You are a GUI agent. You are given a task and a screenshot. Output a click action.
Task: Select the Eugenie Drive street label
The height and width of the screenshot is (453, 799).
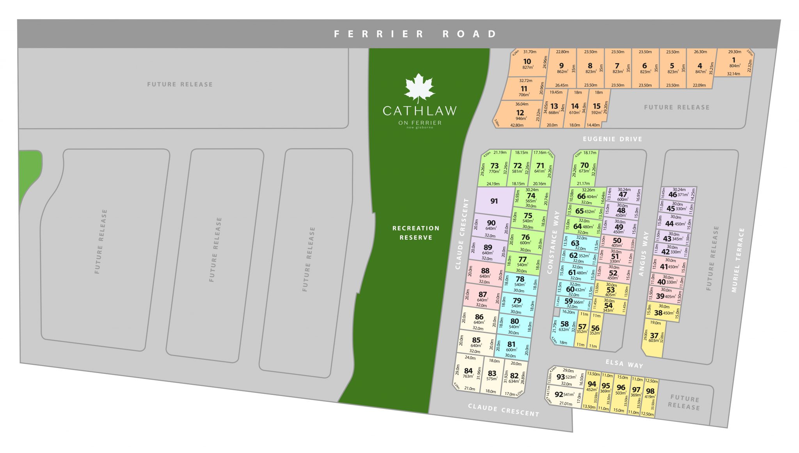pos(612,139)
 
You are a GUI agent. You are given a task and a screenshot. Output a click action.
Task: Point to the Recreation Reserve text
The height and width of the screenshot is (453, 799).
pos(416,233)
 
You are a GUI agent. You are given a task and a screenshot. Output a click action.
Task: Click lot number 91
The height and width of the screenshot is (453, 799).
pos(494,201)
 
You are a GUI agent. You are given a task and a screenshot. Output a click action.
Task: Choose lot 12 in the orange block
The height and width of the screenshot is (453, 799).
pos(520,113)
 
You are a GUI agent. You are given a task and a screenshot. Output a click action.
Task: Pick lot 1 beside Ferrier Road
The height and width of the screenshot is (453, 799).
pos(733,60)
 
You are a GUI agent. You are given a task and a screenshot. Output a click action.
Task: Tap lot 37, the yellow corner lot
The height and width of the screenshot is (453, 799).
pos(654,335)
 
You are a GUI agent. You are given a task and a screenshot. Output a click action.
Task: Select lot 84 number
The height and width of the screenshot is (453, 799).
pos(468,371)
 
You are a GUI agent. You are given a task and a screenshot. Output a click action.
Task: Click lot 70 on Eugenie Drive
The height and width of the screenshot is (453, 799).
pos(584,165)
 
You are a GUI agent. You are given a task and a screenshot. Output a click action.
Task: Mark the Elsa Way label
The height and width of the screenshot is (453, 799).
pos(624,364)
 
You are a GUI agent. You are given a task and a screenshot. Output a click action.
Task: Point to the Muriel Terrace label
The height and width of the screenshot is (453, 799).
pos(736,260)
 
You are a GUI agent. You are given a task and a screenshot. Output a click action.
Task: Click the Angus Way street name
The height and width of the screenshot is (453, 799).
pos(643,254)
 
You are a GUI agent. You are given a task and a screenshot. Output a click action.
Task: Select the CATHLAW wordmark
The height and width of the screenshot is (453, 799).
pos(419,111)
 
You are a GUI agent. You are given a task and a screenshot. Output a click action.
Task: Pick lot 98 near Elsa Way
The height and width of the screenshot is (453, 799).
pos(650,391)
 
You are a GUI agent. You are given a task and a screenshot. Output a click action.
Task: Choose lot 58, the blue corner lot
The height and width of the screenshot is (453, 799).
pos(565,324)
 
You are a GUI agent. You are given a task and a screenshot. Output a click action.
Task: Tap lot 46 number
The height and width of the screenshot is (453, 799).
pos(673,195)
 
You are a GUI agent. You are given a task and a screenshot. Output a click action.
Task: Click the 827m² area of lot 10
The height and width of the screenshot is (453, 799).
pos(528,67)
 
